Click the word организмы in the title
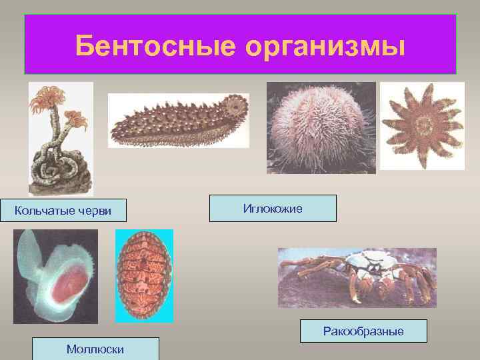coord(325,46)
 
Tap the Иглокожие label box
coord(273,208)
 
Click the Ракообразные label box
coord(363,331)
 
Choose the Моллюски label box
coord(95,349)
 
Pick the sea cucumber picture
coord(178,121)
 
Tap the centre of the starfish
coord(422,124)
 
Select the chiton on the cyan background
coord(143,275)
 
